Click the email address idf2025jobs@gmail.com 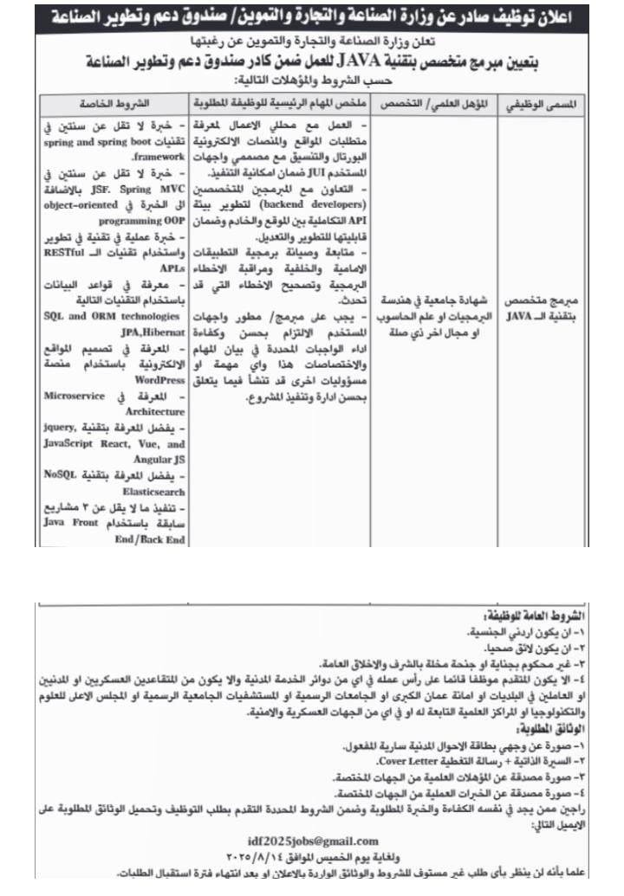click(x=312, y=841)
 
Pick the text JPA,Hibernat click(x=71, y=330)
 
